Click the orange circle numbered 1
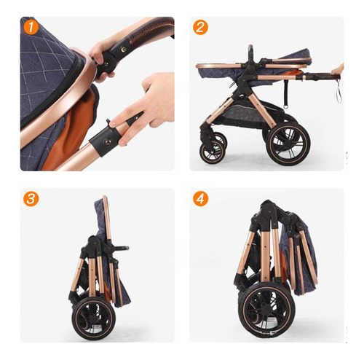(x=31, y=27)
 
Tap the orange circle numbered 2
(x=200, y=27)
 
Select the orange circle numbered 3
(x=31, y=199)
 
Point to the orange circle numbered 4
(x=200, y=199)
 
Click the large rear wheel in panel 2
(x=288, y=144)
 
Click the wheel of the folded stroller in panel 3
(x=93, y=318)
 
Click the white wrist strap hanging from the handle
(x=339, y=91)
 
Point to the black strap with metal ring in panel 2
(x=286, y=96)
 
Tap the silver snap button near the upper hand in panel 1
(x=124, y=50)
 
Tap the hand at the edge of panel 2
(x=338, y=69)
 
